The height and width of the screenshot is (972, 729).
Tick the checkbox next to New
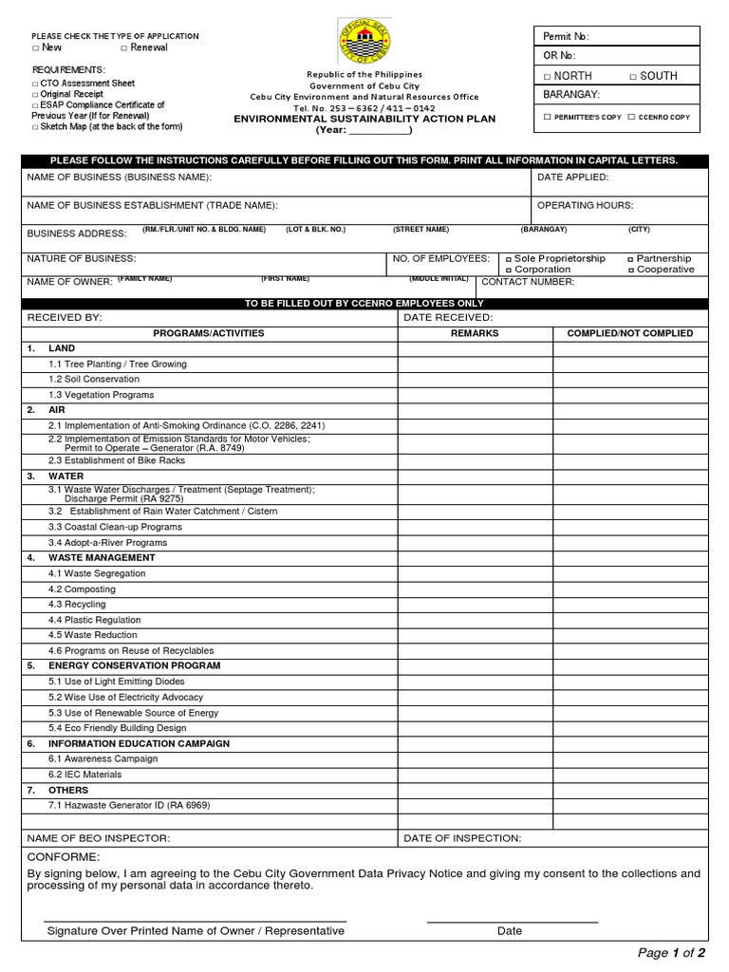(35, 47)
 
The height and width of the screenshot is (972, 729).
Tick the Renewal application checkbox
(124, 47)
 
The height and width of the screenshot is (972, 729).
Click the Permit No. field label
(566, 36)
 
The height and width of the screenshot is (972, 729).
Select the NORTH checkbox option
(547, 76)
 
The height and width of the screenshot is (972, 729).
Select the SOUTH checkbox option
(633, 76)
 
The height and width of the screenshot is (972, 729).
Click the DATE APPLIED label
(572, 178)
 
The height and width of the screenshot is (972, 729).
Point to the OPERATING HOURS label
(585, 205)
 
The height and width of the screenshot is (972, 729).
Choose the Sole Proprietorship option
(509, 259)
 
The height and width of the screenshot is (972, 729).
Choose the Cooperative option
(630, 270)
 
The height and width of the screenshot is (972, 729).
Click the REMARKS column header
(475, 333)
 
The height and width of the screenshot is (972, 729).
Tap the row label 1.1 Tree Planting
(118, 364)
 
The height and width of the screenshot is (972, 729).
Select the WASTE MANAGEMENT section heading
(101, 557)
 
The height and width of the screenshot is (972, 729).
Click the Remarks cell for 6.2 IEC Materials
(475, 775)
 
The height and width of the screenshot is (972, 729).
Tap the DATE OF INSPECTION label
(462, 838)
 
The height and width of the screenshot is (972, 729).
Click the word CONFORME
(64, 856)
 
